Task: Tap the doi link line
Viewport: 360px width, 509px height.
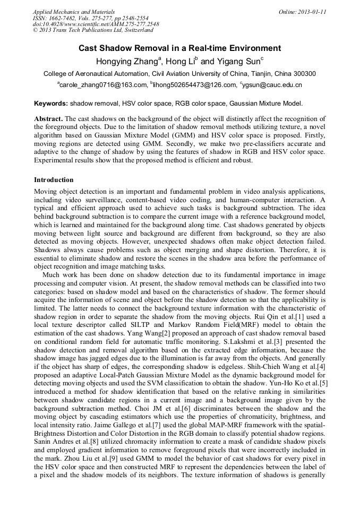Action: (96, 24)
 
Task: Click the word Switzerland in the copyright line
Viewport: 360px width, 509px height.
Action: (136, 31)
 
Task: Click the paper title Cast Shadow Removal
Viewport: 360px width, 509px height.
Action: (179, 48)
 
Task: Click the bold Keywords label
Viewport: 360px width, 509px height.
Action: (51, 103)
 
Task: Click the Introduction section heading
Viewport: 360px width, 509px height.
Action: (54, 180)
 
